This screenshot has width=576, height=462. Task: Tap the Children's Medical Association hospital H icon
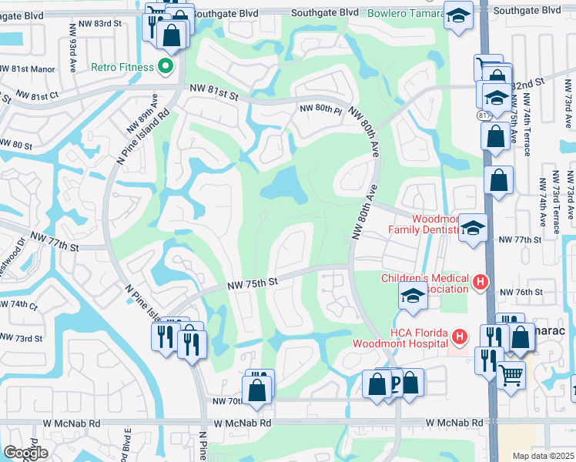coord(481,283)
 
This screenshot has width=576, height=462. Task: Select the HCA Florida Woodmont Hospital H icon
coord(460,337)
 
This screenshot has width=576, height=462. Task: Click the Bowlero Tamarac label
coord(406,13)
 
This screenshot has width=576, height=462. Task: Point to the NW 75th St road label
coord(251,284)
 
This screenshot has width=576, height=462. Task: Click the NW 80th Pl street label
coord(320,109)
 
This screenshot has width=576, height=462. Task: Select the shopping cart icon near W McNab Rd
coord(511,377)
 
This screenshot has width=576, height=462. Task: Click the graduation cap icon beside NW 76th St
coord(413,296)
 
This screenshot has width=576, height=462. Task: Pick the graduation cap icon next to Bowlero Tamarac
coord(458,15)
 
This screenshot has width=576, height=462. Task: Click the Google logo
coord(25,453)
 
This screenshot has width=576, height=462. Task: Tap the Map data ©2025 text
coord(543,456)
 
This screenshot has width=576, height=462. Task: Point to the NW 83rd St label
coord(101,24)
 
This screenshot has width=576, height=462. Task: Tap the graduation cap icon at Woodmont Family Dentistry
coord(473,227)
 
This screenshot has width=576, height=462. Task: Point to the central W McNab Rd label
coord(243,423)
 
